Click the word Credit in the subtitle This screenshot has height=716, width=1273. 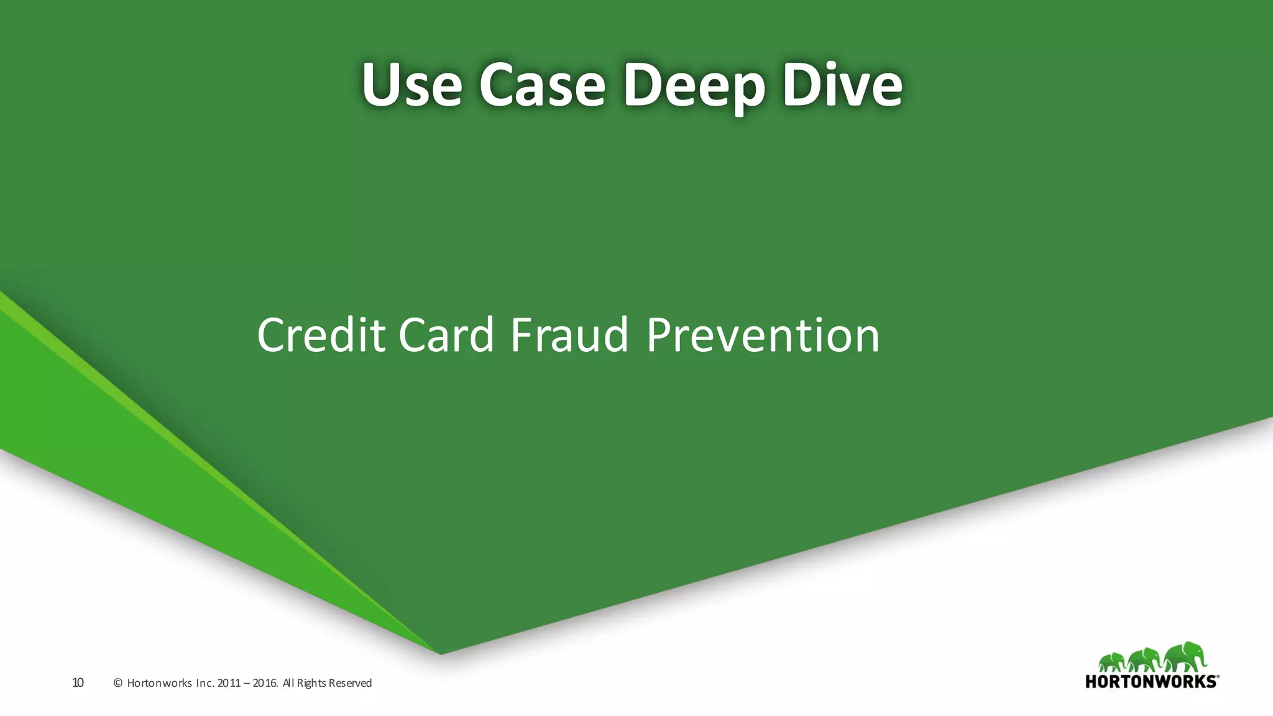[x=321, y=335]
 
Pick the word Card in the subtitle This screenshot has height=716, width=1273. [x=446, y=335]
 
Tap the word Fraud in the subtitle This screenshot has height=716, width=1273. [x=569, y=335]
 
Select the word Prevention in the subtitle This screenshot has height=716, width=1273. [x=763, y=335]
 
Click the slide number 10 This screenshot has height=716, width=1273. [x=78, y=682]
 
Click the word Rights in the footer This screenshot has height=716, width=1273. [x=311, y=683]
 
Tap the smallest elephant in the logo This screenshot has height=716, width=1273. [x=1112, y=663]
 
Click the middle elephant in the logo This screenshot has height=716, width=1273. [x=1144, y=660]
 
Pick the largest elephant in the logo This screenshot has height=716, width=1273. [x=1184, y=657]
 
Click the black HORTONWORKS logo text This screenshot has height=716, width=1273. [x=1150, y=681]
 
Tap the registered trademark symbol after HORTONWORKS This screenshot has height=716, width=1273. [x=1217, y=677]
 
